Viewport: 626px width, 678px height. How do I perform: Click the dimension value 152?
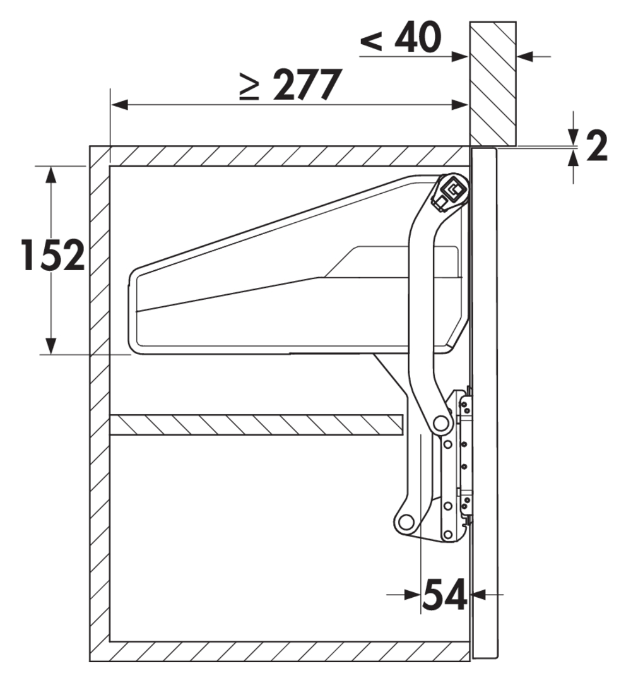pos(53,256)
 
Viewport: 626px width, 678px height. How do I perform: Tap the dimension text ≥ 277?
pos(291,85)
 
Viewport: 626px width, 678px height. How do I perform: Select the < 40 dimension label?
pos(401,37)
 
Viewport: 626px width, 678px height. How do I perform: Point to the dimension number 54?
pos(444,595)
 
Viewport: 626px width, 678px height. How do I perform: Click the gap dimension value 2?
pos(597,145)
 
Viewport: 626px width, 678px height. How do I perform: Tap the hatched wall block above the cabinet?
pos(493,83)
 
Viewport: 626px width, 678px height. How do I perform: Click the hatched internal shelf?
pos(256,425)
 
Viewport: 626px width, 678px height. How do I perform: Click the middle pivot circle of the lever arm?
pos(440,422)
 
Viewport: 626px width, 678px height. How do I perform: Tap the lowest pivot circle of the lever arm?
pos(406,522)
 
